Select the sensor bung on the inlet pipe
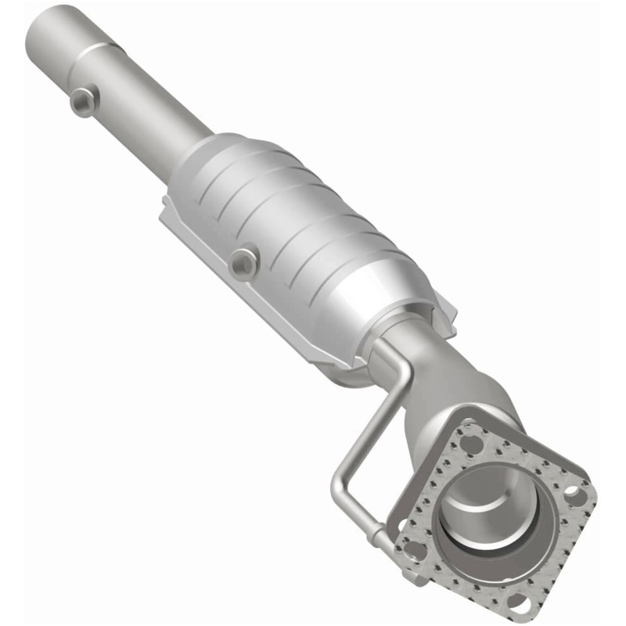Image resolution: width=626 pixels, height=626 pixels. tap(82, 102)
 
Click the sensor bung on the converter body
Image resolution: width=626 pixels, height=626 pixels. tap(244, 262)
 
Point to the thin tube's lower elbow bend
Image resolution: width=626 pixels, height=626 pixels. tap(338, 481)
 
